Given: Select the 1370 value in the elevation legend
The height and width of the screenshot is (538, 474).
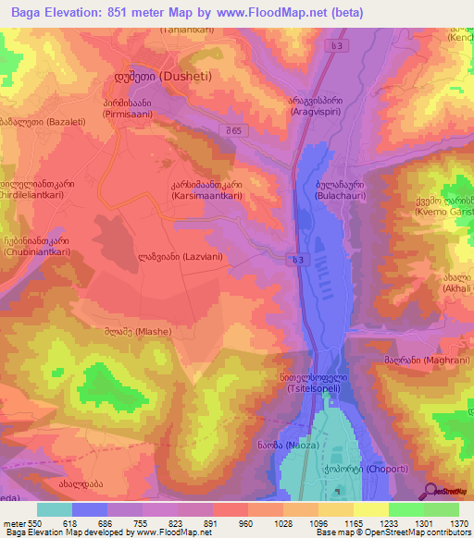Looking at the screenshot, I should tap(458, 522).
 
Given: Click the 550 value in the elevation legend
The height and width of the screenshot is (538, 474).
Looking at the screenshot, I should tap(31, 522).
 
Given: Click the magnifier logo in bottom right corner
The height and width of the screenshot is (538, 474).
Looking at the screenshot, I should tap(429, 491).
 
